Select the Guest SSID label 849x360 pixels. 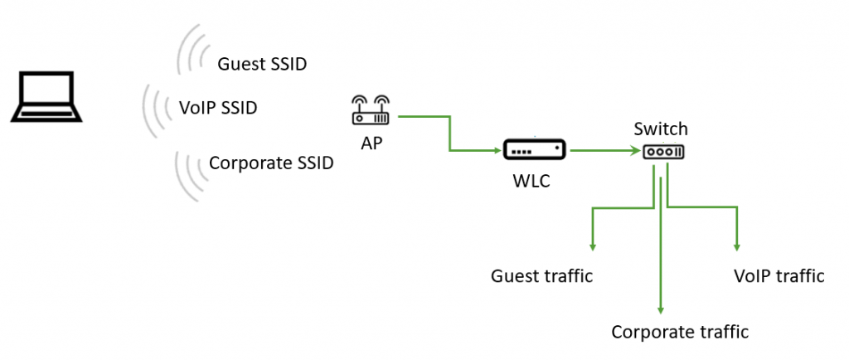click(262, 64)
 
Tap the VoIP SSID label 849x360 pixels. click(218, 108)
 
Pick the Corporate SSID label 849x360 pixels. click(271, 163)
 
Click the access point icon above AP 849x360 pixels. click(370, 111)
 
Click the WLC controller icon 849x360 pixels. click(534, 151)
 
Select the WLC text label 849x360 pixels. click(534, 181)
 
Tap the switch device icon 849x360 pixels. click(662, 153)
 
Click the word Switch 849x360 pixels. click(661, 129)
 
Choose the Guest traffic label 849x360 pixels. click(542, 276)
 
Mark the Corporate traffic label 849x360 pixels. click(680, 333)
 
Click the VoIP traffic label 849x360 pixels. click(779, 276)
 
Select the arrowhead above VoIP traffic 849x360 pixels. click(736, 246)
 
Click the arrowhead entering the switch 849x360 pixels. click(638, 151)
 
